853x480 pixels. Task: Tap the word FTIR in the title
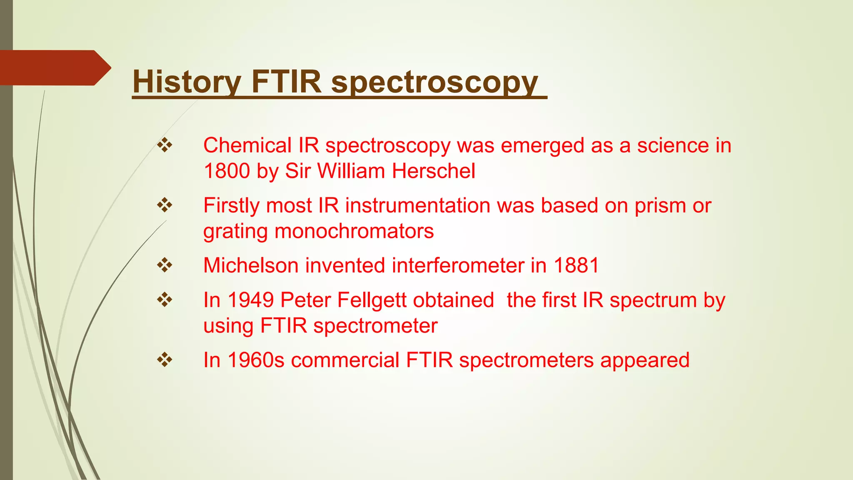point(286,82)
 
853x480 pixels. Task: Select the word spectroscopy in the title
point(434,82)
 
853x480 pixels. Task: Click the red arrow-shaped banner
point(54,67)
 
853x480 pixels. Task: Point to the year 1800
point(227,171)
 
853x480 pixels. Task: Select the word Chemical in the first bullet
point(247,145)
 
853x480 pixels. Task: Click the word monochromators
point(354,231)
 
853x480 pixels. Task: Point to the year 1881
point(576,265)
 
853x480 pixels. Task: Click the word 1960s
point(256,360)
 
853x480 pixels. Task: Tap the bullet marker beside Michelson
point(165,265)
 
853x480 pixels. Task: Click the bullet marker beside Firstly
point(165,205)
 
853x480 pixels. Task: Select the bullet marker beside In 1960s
point(165,360)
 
